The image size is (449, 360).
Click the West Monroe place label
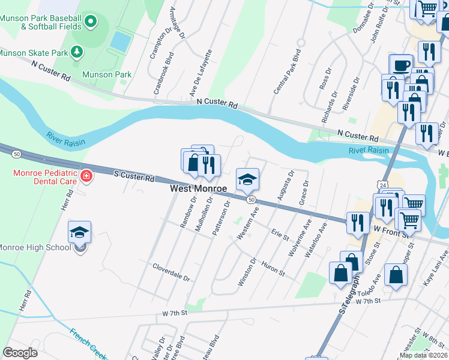(x=199, y=188)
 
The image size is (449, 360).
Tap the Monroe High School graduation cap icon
(x=80, y=232)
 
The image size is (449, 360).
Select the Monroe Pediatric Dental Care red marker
(x=87, y=176)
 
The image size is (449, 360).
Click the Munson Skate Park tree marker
(x=77, y=52)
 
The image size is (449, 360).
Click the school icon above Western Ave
(x=247, y=179)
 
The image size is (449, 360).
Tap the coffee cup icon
(x=401, y=64)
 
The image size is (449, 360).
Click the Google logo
(x=20, y=353)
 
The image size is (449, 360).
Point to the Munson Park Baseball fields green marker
(x=91, y=22)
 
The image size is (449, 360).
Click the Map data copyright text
(x=424, y=355)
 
